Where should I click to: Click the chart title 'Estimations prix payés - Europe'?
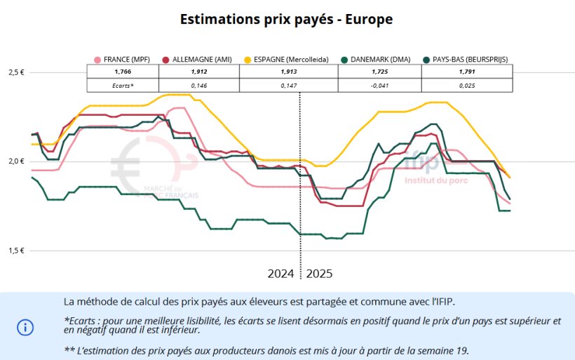(x=286, y=20)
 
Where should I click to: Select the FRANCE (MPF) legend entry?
(x=123, y=60)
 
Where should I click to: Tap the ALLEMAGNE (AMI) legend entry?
(x=198, y=60)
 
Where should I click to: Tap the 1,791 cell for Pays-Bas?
(x=467, y=72)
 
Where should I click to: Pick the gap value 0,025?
(x=467, y=86)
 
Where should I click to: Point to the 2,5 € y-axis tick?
(x=15, y=72)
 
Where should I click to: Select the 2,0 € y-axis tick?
(x=15, y=161)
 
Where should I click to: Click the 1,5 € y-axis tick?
(x=15, y=251)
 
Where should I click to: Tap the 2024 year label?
(x=281, y=273)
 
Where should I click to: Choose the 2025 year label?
(x=319, y=273)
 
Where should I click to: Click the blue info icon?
(x=25, y=327)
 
